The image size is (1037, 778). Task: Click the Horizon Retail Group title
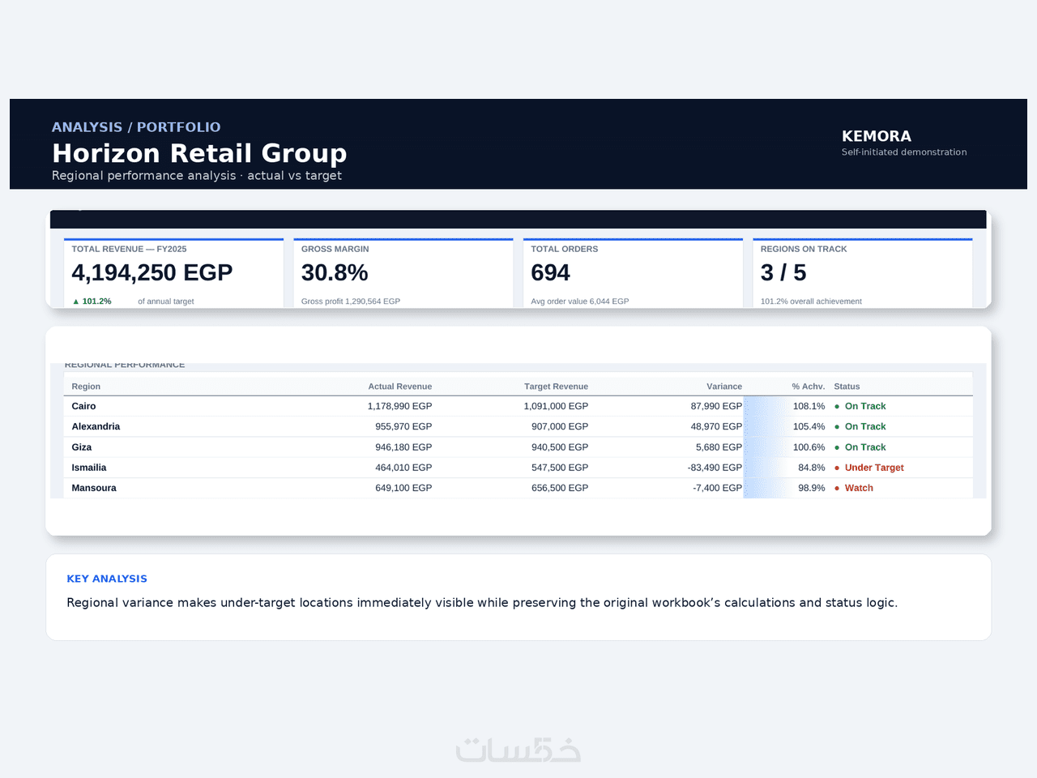tap(199, 153)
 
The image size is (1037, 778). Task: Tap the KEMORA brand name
tap(877, 136)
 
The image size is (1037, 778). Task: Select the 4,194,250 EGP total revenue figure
tap(152, 272)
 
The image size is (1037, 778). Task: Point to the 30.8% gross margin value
tap(335, 272)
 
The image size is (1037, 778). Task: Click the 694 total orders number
tap(550, 272)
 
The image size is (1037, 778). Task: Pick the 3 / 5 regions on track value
tap(783, 272)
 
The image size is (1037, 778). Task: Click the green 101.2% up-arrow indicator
tap(92, 301)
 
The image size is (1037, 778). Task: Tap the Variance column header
tap(724, 387)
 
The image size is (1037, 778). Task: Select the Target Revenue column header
tap(556, 387)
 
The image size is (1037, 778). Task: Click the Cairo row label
tap(83, 406)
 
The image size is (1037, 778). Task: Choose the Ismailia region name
tap(89, 468)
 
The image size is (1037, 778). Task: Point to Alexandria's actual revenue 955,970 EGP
tap(403, 426)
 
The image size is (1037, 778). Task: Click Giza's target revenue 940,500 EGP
tap(560, 447)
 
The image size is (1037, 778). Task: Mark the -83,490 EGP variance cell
tap(715, 468)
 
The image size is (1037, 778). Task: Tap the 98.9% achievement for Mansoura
tap(812, 488)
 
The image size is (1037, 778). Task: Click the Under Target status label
tap(874, 468)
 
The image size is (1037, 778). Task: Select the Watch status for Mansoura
tap(859, 488)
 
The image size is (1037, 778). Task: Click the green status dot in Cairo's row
tap(837, 406)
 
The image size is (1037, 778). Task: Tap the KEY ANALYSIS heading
tap(107, 579)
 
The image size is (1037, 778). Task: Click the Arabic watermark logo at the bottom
tap(518, 750)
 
